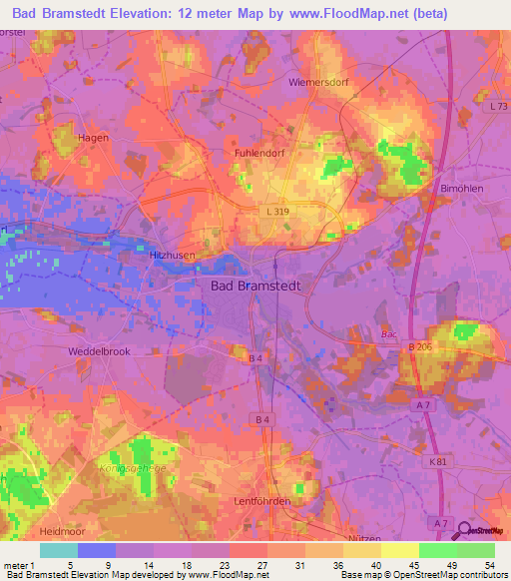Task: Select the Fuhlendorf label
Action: (x=260, y=154)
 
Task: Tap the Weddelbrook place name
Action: (x=99, y=351)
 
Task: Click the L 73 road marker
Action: (x=498, y=106)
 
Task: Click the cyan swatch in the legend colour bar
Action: (x=58, y=550)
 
